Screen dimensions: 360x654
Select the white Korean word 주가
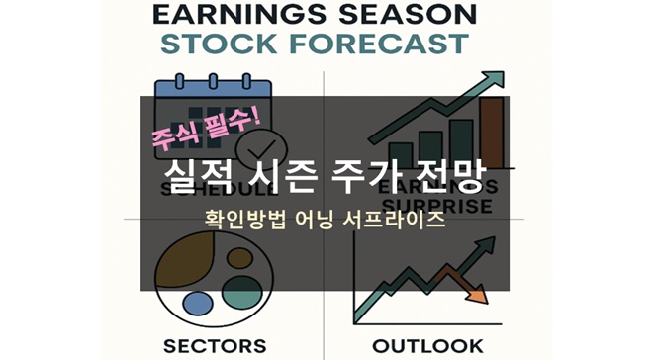pos(366,178)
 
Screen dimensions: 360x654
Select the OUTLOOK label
pos(427,346)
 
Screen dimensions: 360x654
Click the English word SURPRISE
pos(442,206)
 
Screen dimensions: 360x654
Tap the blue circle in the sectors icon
pos(198,303)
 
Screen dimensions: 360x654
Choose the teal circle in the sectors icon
pos(240,292)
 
